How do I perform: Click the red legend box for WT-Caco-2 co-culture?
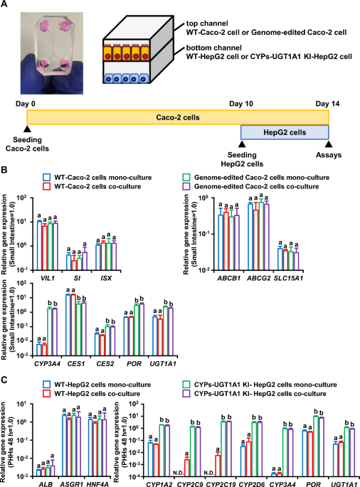(45, 186)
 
